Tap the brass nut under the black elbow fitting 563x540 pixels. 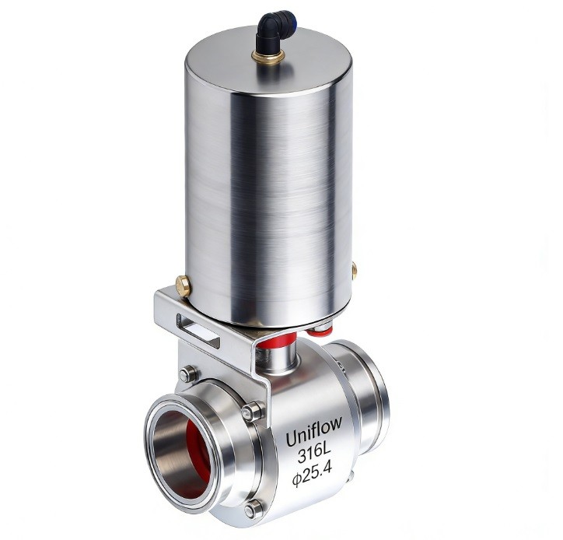click(x=268, y=56)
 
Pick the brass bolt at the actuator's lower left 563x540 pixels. click(x=183, y=286)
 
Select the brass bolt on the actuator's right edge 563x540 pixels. click(x=354, y=270)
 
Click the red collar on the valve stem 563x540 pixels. click(x=277, y=340)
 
